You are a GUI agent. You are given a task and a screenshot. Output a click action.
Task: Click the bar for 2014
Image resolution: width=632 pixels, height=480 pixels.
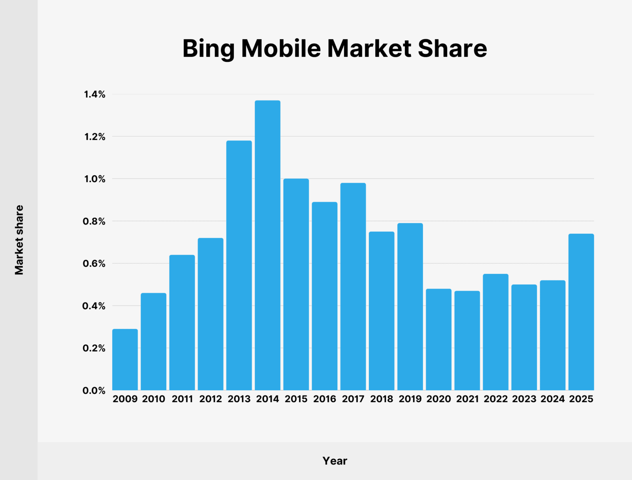267,245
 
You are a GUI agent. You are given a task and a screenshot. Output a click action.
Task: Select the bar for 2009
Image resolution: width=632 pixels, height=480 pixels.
125,360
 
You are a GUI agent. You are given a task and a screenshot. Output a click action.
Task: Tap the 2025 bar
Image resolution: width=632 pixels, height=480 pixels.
581,312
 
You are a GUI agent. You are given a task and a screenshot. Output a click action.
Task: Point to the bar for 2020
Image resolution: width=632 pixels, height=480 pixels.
438,339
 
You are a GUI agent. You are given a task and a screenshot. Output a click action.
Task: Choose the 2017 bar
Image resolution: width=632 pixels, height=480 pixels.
353,287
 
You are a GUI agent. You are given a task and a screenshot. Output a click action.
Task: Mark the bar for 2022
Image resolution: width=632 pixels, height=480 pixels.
495,332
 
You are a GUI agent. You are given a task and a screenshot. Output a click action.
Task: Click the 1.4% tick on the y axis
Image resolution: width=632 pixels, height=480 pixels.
94,94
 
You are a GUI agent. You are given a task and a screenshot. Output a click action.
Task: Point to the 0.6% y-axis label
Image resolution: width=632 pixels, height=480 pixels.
94,264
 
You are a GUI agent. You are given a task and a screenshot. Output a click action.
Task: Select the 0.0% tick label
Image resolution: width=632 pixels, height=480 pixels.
94,390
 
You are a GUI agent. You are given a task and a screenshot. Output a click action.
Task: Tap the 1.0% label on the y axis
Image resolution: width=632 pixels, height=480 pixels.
94,179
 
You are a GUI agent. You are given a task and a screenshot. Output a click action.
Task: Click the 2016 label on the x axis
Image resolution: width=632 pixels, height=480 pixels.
325,399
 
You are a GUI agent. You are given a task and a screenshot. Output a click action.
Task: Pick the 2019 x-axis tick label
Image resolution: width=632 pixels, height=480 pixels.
410,399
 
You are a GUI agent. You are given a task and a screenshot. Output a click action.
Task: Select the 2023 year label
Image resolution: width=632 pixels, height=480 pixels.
524,399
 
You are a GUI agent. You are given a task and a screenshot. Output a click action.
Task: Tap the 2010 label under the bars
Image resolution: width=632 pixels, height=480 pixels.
154,399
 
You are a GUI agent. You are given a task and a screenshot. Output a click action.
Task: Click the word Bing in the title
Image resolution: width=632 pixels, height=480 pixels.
209,49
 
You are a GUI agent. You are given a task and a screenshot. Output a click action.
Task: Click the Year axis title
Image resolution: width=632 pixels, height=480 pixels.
335,461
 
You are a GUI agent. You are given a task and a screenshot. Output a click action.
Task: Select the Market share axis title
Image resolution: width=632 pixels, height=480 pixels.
19,240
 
